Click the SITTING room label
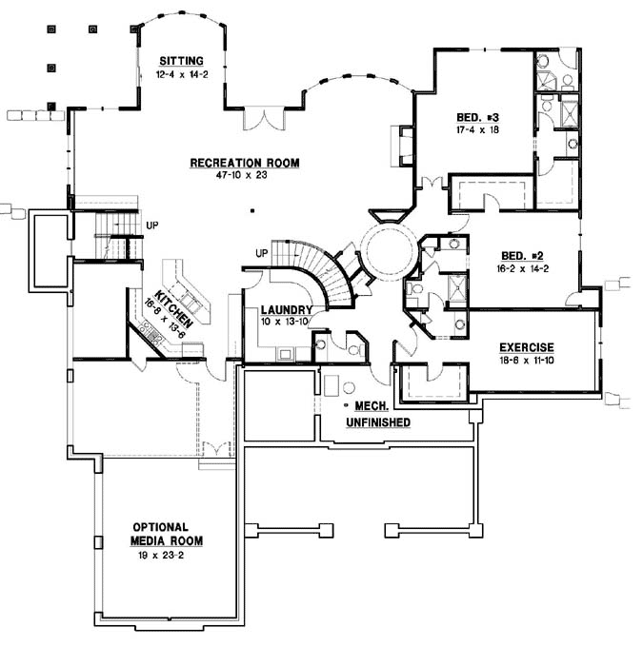(x=181, y=60)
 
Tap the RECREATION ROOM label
(x=244, y=163)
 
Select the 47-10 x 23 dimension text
(x=244, y=175)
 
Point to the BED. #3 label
(x=478, y=118)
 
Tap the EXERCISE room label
(x=519, y=347)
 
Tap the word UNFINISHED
(x=378, y=422)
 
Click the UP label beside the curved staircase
(x=261, y=254)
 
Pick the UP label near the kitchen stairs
(x=151, y=225)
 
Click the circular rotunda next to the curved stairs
(x=389, y=247)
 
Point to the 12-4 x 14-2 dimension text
(x=181, y=73)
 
